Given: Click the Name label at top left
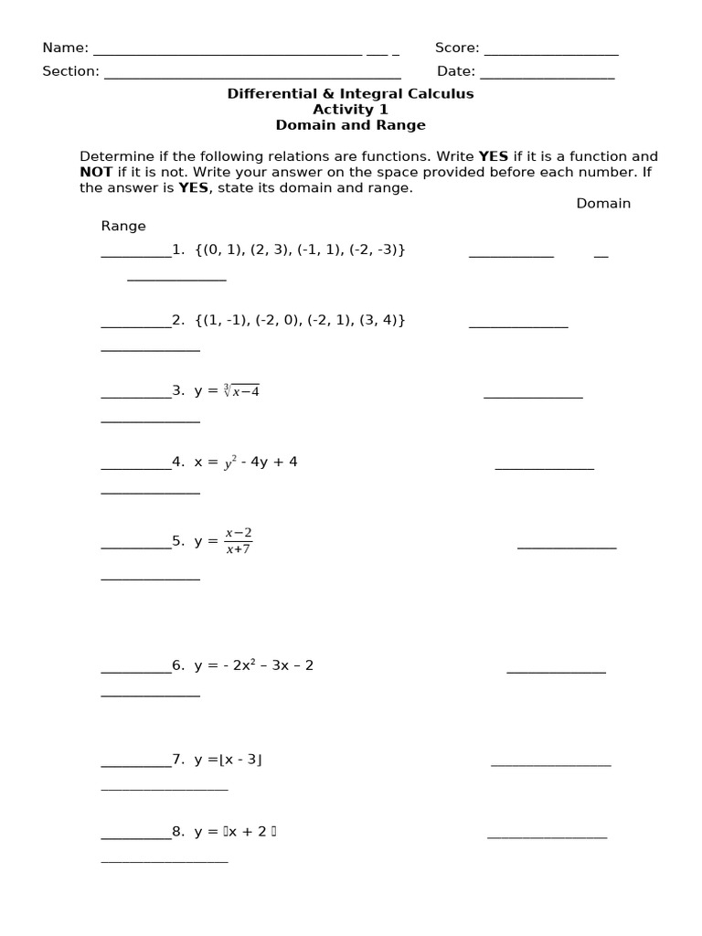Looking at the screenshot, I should coord(65,48).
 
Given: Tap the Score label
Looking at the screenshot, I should coord(457,48).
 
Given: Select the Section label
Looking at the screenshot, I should coord(70,71).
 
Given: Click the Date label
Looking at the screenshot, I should coord(455,71).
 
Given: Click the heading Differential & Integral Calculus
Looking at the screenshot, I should coord(350,94).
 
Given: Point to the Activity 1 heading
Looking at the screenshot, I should coord(350,110).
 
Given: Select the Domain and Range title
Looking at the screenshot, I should coord(350,125).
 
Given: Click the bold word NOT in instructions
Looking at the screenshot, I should coord(96,172).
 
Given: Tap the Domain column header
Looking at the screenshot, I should coord(603,204).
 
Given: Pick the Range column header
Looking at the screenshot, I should coord(123,226).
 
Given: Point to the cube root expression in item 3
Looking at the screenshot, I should coord(241,391).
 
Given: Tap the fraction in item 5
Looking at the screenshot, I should coord(239,540).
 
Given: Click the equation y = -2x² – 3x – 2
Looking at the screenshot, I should coord(253,665).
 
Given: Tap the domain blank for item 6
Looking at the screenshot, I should coord(556,670).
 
